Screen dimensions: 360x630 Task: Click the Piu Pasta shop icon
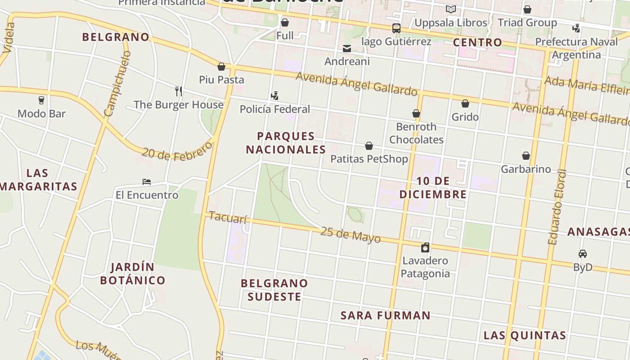(x=221, y=67)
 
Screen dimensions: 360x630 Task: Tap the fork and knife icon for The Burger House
(x=179, y=91)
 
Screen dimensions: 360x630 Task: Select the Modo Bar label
(x=41, y=113)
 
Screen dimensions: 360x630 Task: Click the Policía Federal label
(x=274, y=109)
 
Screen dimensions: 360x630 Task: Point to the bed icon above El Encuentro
(x=147, y=182)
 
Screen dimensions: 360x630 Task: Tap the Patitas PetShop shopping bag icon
(x=369, y=146)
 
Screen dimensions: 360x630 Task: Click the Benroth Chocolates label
(x=416, y=133)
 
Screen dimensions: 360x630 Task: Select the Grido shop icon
(x=465, y=104)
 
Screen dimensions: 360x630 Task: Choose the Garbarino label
(x=526, y=169)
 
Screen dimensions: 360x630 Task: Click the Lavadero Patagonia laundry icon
(x=425, y=247)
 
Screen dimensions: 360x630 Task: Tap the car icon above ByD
(x=583, y=254)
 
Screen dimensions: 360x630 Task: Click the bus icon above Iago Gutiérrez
(x=396, y=28)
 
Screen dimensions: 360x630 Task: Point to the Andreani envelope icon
(x=347, y=49)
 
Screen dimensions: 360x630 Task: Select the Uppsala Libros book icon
(x=450, y=9)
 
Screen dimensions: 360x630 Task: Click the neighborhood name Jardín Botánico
(x=133, y=274)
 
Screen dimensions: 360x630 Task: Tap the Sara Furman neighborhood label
(x=386, y=315)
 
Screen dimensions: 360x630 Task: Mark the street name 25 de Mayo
(x=351, y=235)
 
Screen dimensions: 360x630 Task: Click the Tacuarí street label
(x=228, y=218)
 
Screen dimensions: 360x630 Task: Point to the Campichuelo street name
(x=117, y=83)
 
